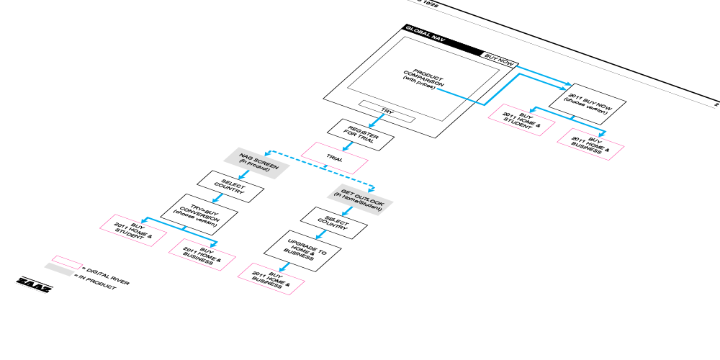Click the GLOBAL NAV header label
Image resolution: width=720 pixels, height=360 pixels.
tap(426, 32)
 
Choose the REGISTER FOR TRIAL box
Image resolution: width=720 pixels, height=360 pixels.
tap(361, 135)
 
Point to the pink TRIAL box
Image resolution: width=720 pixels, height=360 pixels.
tap(334, 157)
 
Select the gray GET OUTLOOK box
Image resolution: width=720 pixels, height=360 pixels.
tap(359, 197)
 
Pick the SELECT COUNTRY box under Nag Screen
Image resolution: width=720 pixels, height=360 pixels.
tap(230, 185)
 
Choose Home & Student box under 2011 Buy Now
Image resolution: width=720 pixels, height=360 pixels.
tap(523, 120)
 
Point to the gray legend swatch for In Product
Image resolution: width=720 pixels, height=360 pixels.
tap(58, 269)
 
